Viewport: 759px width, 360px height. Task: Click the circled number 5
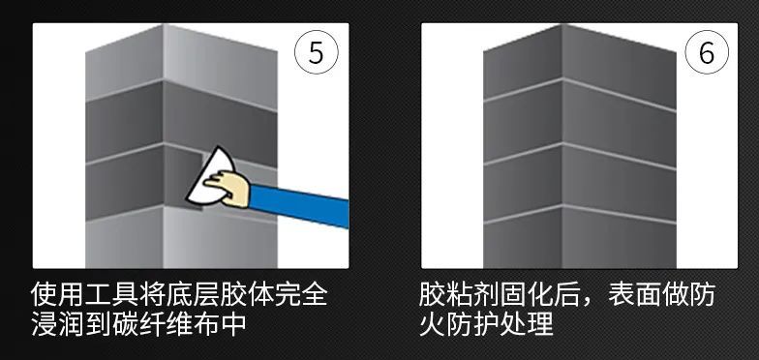pyautogui.click(x=316, y=53)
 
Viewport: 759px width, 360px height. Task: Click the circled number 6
pyautogui.click(x=706, y=53)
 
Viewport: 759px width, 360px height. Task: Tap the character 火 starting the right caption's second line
pyautogui.click(x=434, y=323)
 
